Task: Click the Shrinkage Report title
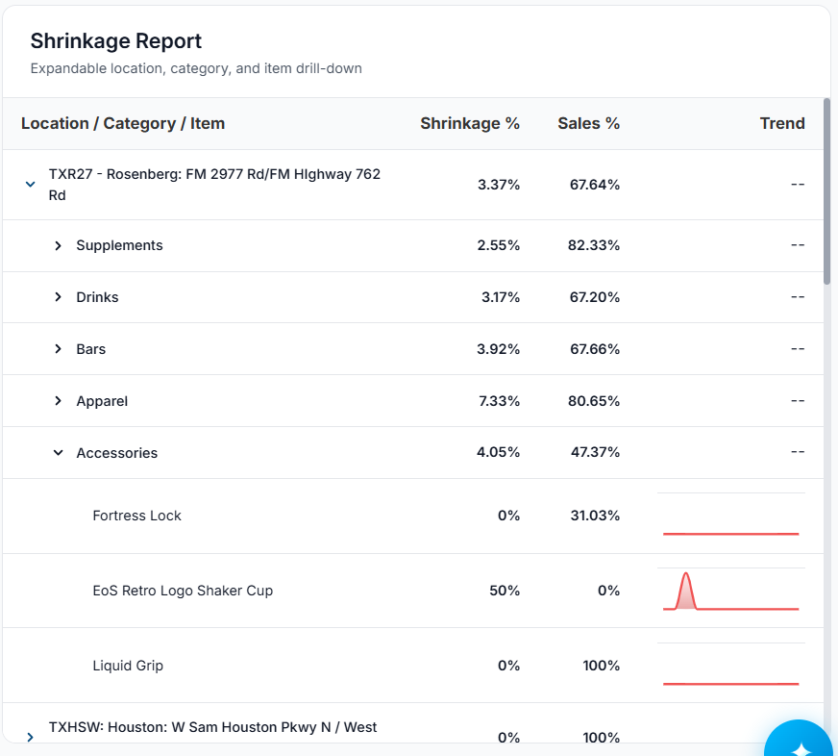coord(116,41)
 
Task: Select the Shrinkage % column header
coord(470,123)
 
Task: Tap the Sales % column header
coord(588,123)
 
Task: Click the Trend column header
coord(782,123)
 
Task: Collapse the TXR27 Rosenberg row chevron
coord(31,185)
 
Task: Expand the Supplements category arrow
coord(59,245)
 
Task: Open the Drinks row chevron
coord(59,297)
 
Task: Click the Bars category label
coord(91,349)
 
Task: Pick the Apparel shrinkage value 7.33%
coord(499,401)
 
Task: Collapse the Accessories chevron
coord(59,453)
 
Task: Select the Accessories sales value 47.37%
coord(595,453)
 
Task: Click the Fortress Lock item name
coord(136,516)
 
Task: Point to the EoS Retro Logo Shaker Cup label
coord(183,591)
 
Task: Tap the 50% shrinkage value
coord(505,591)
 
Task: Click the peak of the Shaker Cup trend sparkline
coord(686,573)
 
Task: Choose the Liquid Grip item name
coord(128,666)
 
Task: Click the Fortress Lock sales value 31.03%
coord(595,516)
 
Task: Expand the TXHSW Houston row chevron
coord(31,738)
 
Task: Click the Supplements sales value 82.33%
coord(594,245)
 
